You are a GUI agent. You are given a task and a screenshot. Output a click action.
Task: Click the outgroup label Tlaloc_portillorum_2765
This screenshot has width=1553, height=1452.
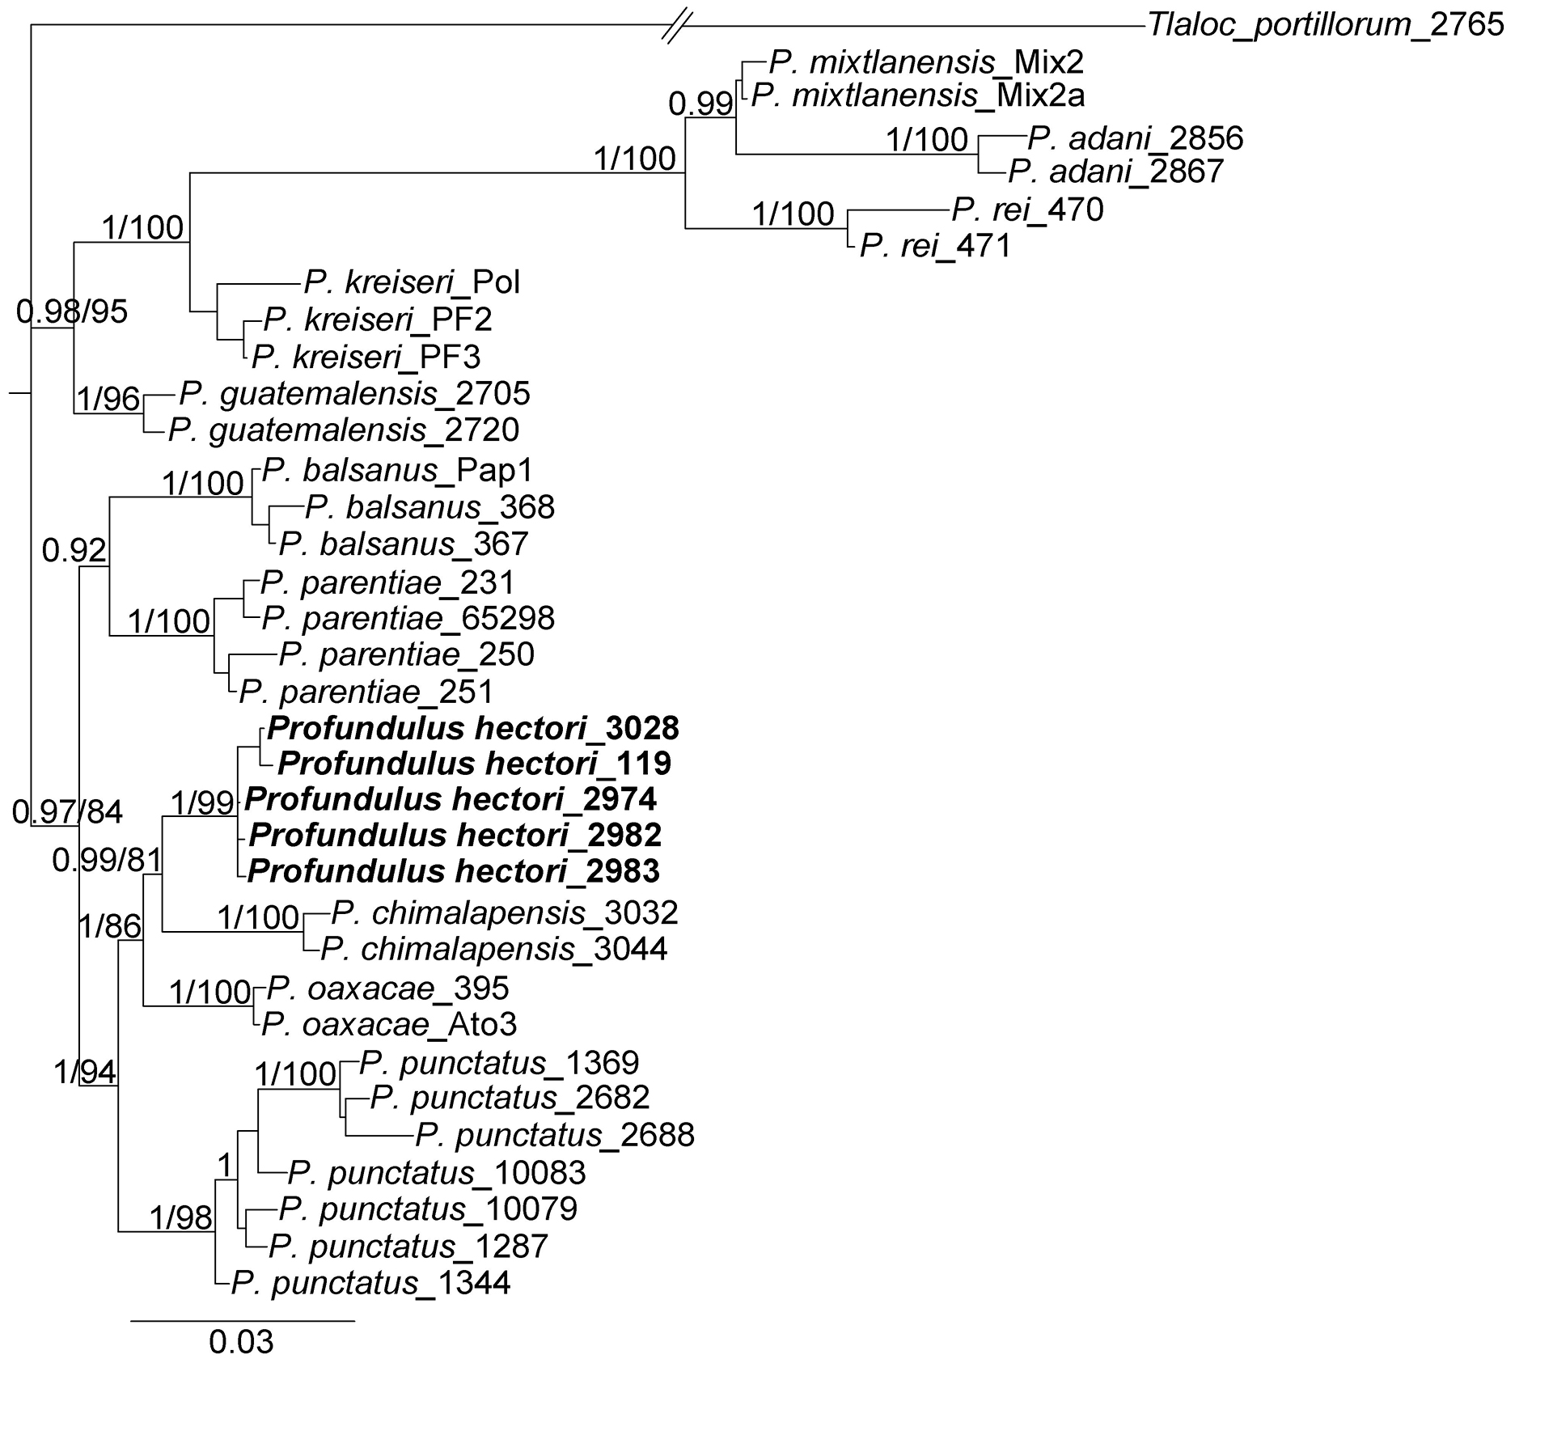tap(1325, 25)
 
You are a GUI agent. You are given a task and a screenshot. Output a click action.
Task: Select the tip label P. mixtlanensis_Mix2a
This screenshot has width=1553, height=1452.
tap(917, 96)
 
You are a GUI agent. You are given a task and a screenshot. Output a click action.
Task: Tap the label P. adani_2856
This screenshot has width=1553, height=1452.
tap(1135, 139)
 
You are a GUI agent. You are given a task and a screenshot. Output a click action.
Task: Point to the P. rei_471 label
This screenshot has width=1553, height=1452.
tap(935, 246)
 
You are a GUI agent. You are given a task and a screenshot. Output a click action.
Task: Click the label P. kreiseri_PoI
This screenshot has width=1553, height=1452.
tap(412, 282)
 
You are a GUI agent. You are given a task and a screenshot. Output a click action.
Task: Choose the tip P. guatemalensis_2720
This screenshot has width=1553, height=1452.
tap(343, 430)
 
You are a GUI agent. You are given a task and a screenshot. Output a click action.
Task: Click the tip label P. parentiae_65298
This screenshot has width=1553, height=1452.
tap(408, 619)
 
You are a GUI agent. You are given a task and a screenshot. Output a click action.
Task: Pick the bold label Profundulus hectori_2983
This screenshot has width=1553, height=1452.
tap(453, 871)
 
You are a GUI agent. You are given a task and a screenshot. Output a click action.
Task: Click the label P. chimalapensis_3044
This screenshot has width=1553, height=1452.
tap(493, 949)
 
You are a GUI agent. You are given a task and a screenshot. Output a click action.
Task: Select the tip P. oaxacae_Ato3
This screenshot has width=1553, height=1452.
tap(389, 1025)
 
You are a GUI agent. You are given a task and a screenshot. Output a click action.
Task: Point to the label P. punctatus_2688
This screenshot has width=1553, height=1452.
tap(554, 1136)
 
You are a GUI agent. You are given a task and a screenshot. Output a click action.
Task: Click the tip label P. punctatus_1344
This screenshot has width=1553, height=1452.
tap(370, 1284)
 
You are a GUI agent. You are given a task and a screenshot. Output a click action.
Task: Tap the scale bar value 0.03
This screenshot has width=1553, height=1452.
tap(241, 1342)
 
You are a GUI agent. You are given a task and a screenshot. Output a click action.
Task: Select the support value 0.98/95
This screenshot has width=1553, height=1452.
tap(72, 311)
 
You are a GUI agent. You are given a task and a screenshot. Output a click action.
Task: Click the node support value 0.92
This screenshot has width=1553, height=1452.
tap(74, 551)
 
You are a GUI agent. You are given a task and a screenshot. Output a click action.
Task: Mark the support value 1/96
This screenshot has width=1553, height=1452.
tap(108, 399)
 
